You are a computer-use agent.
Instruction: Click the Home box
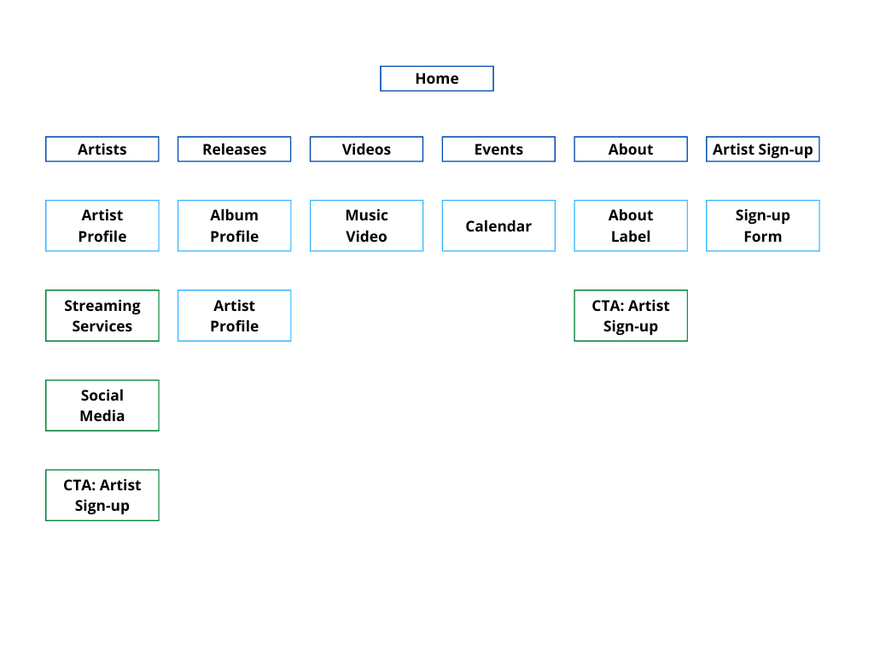click(x=437, y=79)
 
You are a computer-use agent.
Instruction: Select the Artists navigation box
click(x=102, y=149)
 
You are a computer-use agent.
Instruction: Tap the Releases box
click(x=234, y=149)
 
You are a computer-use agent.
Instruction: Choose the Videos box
click(x=366, y=149)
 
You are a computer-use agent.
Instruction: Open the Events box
click(x=498, y=149)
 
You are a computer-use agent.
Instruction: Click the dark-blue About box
click(x=631, y=149)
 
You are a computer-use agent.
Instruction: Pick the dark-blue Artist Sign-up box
click(x=762, y=149)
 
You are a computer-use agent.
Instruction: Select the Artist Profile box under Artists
click(x=102, y=225)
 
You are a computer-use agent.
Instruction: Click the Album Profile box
click(x=234, y=225)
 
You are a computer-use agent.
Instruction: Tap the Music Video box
click(x=366, y=225)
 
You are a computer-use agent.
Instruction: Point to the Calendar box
click(x=498, y=225)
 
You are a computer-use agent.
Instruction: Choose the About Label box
click(x=631, y=225)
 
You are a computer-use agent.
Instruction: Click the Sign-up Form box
click(x=762, y=225)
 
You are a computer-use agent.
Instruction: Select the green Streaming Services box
click(x=102, y=316)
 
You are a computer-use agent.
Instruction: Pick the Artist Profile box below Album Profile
click(x=234, y=316)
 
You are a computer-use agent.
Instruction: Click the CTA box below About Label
click(x=631, y=316)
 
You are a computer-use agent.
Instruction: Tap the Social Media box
click(x=102, y=406)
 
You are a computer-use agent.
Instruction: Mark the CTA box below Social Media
click(x=102, y=495)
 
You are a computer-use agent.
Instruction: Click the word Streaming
click(x=102, y=306)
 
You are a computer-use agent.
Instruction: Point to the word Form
click(x=762, y=237)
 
